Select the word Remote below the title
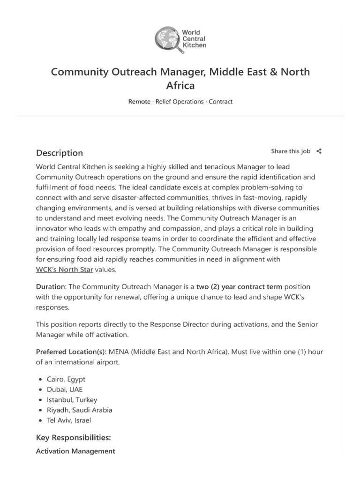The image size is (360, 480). tap(139, 102)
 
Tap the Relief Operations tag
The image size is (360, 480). tap(180, 102)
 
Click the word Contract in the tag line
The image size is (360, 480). tap(220, 102)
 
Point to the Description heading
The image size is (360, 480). tap(60, 153)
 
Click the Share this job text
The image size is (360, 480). tap(291, 151)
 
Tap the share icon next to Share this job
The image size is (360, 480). tap(319, 151)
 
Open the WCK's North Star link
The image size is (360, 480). tap(64, 270)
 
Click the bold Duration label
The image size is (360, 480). tap(51, 286)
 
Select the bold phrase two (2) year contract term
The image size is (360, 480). tap(240, 286)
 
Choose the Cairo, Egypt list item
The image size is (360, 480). tap(66, 379)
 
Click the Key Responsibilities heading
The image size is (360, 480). tap(73, 438)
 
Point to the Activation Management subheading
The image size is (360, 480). tap(75, 451)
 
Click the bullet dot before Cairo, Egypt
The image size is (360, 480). tap(41, 379)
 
